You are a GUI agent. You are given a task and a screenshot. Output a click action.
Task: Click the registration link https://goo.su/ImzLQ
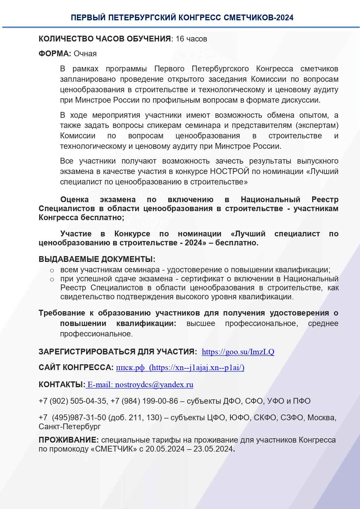(238, 352)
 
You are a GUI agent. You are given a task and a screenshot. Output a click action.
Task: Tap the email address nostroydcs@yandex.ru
(154, 385)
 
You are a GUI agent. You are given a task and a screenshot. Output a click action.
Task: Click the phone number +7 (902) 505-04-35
(73, 401)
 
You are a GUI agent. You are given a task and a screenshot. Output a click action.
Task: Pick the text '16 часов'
(191, 39)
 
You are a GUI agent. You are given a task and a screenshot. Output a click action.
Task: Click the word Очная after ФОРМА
(85, 54)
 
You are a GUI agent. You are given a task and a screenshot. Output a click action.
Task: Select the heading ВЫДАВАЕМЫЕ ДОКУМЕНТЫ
(97, 259)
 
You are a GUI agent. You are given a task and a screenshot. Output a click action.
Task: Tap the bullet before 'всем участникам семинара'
(52, 271)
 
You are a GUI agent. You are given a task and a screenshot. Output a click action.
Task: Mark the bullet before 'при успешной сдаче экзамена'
(52, 280)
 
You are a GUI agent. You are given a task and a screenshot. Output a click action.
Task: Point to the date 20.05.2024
(165, 449)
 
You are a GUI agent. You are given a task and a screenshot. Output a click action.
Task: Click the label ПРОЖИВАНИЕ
(68, 440)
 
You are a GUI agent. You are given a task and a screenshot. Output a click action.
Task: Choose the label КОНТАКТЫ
(61, 385)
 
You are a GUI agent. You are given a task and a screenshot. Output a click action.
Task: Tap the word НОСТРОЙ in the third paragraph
(229, 171)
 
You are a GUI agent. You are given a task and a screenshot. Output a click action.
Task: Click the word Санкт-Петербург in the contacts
(70, 427)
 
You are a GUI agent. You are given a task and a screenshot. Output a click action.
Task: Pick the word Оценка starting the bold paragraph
(75, 200)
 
